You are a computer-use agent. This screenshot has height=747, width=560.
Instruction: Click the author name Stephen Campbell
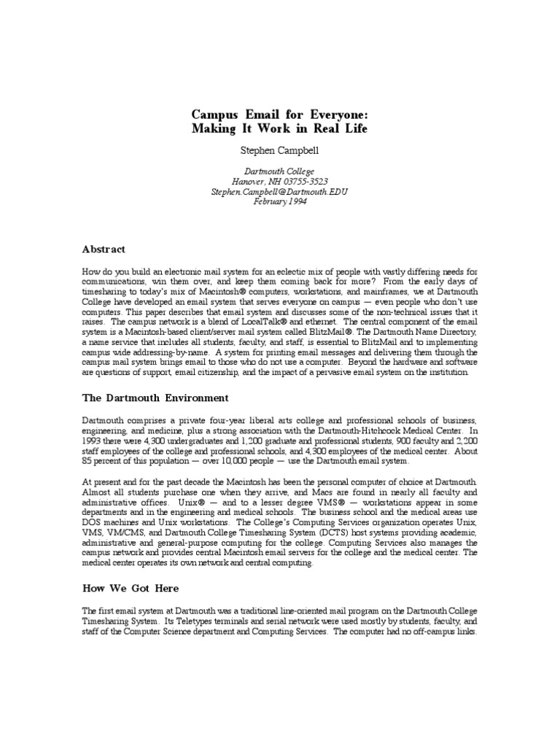(x=279, y=152)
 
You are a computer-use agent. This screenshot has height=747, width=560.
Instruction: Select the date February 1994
(x=279, y=202)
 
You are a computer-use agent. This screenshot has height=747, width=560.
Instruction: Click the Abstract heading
(x=104, y=249)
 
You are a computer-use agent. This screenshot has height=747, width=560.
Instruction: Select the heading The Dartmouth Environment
(x=155, y=398)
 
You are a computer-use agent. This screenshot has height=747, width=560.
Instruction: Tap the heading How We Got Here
(x=131, y=588)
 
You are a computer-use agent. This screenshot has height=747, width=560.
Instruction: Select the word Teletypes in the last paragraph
(x=188, y=620)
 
